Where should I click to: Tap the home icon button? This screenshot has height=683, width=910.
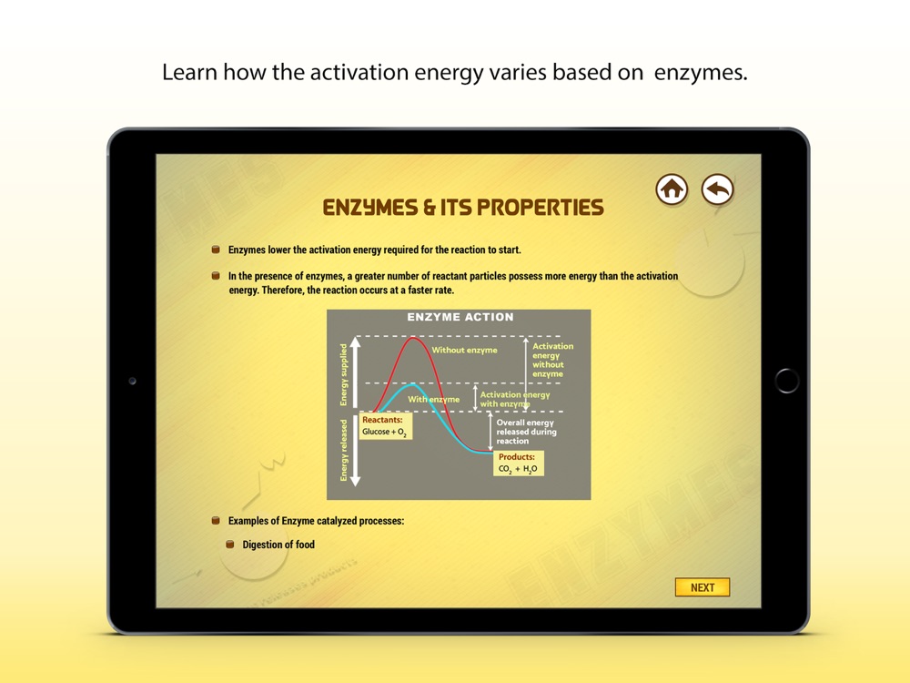coord(672,189)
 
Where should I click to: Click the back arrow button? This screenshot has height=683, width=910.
coord(717,189)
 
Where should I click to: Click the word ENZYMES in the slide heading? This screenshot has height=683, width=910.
coord(369,208)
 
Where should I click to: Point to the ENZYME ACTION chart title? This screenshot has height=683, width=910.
coord(460,317)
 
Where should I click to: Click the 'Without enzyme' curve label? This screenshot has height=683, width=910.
coord(464,351)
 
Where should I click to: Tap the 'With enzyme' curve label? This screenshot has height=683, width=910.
coord(433,400)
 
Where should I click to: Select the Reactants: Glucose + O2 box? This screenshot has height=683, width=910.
coord(385,426)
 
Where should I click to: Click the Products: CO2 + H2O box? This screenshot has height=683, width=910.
coord(519,464)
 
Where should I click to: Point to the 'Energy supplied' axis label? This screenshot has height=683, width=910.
coord(344,374)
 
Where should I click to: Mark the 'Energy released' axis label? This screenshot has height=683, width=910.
coord(344,450)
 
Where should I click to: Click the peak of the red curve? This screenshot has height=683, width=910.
coord(413,338)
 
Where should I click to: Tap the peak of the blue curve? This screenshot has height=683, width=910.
coord(412,384)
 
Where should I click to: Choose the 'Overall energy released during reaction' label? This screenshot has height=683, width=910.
coord(526,432)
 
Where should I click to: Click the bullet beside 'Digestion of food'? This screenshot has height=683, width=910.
coord(230,545)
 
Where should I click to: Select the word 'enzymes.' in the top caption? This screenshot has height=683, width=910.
coord(701,73)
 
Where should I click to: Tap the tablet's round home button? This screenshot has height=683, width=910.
coord(786,381)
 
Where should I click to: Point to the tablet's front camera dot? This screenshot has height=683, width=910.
coord(132,381)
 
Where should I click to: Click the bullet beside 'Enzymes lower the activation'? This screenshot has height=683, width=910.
coord(216,250)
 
